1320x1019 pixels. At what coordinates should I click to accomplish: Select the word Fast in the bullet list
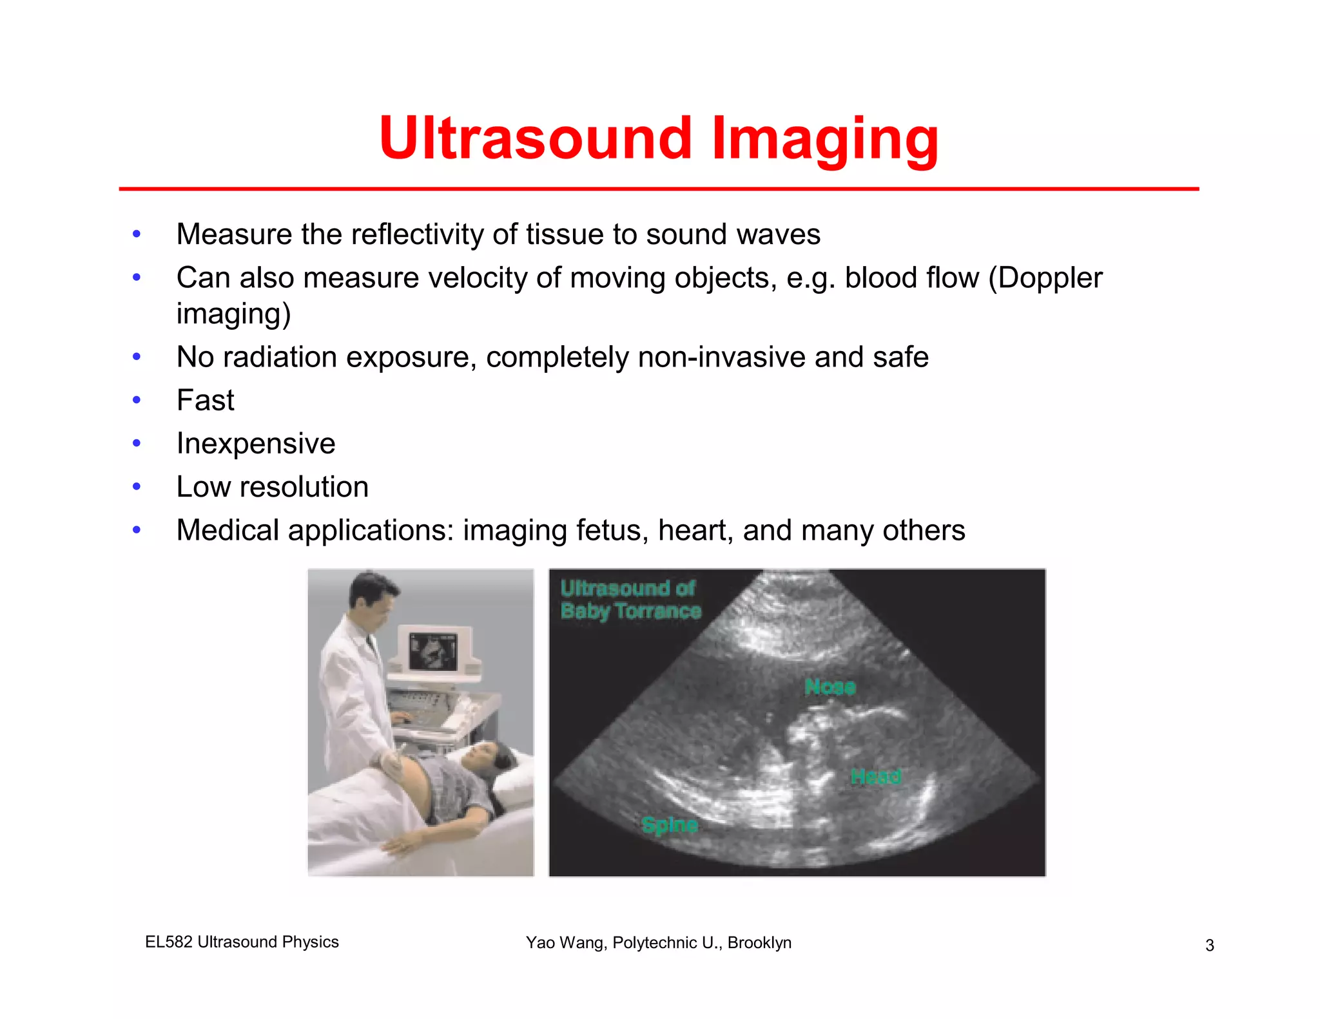pos(205,400)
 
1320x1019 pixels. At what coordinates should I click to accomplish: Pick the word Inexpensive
pos(256,443)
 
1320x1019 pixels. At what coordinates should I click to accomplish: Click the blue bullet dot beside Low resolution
pos(137,487)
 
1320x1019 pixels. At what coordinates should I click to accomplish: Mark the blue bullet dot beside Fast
pos(137,400)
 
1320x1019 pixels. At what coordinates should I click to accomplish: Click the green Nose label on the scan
pos(830,687)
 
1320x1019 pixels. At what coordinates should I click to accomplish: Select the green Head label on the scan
pos(875,776)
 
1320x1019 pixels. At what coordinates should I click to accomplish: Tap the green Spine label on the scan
pos(670,824)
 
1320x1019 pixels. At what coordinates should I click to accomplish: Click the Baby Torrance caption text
pos(630,611)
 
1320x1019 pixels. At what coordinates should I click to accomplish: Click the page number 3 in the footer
pos(1210,945)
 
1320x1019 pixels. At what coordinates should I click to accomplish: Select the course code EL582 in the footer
pos(169,942)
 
